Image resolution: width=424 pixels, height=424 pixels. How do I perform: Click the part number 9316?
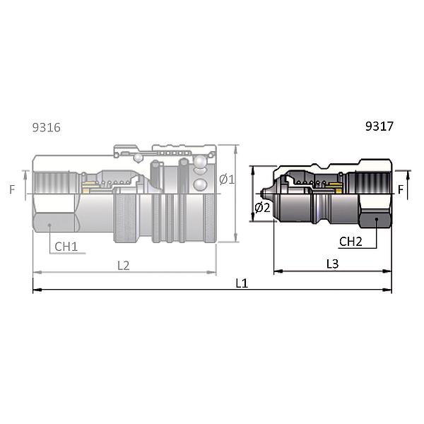click(x=46, y=127)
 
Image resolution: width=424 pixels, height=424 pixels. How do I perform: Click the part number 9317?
click(x=379, y=126)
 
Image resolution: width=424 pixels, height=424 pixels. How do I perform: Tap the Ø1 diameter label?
click(x=227, y=179)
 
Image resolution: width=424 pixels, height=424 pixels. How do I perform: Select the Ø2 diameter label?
click(x=262, y=208)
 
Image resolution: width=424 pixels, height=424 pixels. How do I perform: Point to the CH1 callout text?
click(x=66, y=247)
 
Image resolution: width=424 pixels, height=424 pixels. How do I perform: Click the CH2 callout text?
click(x=351, y=242)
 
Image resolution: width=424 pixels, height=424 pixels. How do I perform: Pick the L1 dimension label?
click(x=242, y=283)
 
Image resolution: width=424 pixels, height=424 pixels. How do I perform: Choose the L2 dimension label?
click(x=124, y=266)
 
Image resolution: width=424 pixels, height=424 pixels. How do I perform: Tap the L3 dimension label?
click(x=332, y=264)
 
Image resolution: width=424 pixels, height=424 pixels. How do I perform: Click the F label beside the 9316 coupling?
click(x=12, y=189)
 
